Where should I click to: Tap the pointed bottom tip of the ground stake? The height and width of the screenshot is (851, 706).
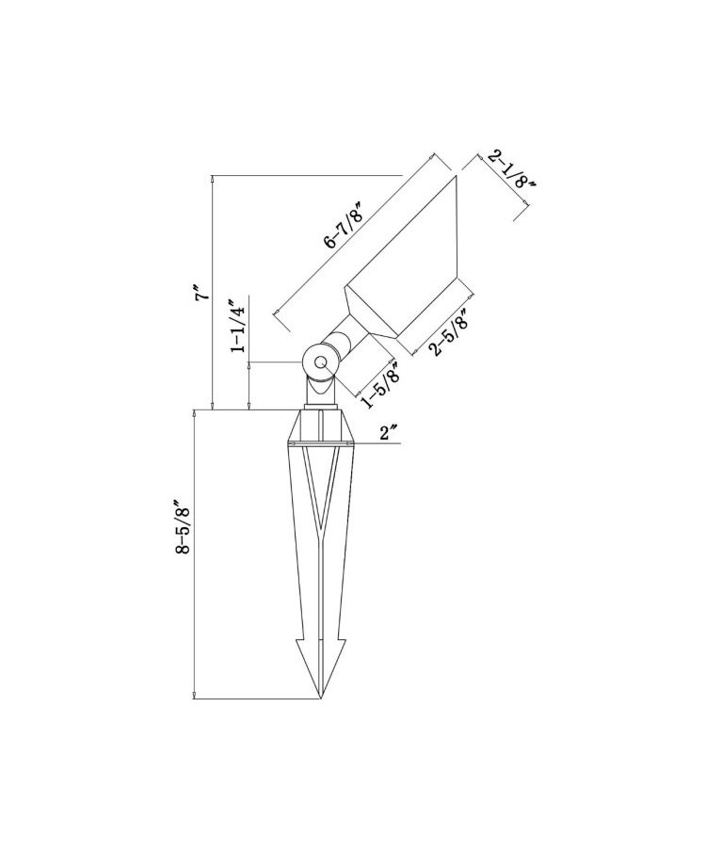pos(322,698)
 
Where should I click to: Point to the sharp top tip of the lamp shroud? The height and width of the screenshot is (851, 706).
pos(457,177)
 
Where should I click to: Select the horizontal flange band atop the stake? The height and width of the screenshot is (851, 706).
pos(322,441)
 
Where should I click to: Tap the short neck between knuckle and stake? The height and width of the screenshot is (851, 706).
pos(322,395)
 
